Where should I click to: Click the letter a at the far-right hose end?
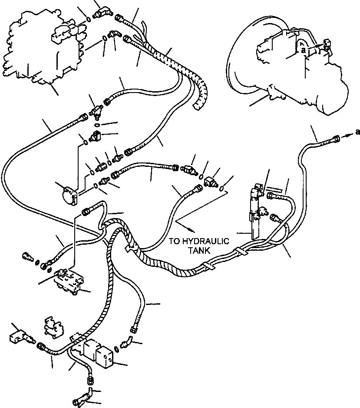point(357,133)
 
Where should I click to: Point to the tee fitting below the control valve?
point(95,112)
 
